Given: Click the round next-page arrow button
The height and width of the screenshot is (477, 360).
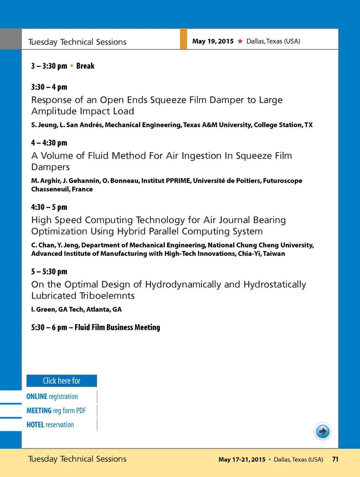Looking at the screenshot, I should (x=322, y=431).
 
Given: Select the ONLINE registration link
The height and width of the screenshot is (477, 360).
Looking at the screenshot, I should (x=52, y=396).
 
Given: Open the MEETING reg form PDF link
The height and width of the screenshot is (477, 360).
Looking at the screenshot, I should (x=56, y=410).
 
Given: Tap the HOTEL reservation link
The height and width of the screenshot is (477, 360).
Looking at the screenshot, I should (x=50, y=425).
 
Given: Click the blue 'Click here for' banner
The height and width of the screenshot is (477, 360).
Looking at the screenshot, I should (x=62, y=381).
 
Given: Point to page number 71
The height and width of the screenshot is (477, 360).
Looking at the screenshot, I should (x=335, y=459).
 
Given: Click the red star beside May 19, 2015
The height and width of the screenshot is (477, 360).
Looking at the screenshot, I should (x=240, y=41).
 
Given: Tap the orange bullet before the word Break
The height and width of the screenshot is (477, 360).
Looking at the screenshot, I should (x=72, y=66).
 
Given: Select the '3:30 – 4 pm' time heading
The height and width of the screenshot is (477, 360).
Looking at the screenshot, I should (x=49, y=87).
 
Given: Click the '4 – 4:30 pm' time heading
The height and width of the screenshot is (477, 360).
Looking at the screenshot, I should (x=49, y=143).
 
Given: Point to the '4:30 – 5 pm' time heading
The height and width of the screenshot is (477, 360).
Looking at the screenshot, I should (x=49, y=207).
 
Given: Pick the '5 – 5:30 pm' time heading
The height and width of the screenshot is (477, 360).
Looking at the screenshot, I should (x=49, y=271).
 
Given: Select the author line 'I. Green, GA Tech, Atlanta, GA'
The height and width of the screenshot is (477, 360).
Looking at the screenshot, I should (x=76, y=309).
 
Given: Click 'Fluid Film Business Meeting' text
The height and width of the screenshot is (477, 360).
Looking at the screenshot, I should (x=117, y=327).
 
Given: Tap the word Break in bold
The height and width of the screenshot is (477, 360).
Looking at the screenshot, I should (x=85, y=66).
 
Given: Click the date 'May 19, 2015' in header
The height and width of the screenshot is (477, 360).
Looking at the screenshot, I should (x=213, y=41).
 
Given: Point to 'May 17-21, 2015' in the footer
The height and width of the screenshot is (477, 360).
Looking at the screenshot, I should (x=242, y=459).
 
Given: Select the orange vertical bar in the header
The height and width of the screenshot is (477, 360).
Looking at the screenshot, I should (x=183, y=39).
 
